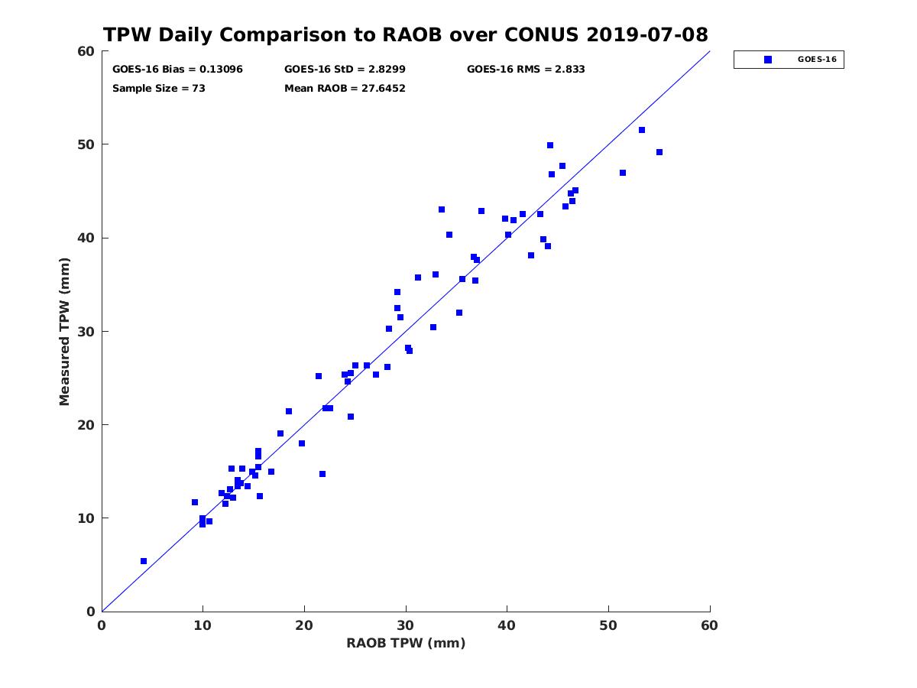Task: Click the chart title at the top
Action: (405, 34)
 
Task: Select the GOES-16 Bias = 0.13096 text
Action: (177, 70)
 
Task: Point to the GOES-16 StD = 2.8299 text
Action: (345, 70)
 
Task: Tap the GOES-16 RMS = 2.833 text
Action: (526, 70)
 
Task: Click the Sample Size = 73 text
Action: (159, 89)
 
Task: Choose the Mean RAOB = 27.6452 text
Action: (345, 89)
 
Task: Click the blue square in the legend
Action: (768, 60)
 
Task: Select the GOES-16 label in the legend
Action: (817, 60)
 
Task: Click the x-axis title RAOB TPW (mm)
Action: (406, 643)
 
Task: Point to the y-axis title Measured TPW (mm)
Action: (64, 332)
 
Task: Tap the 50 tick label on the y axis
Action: (87, 144)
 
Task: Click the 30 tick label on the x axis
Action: (405, 625)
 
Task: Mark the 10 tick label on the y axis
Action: (87, 518)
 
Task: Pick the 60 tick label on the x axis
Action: (709, 625)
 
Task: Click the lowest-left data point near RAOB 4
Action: (144, 561)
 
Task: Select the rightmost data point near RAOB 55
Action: (659, 152)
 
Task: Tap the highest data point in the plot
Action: (642, 130)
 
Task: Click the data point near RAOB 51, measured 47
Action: (623, 173)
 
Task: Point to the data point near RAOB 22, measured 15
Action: (322, 474)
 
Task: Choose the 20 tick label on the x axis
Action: (303, 625)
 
